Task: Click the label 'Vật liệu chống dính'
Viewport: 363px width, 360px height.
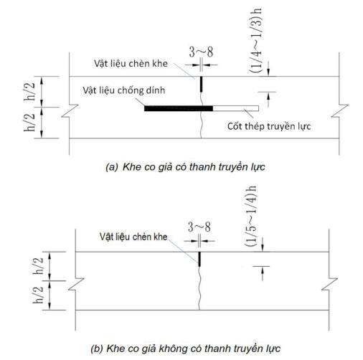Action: pyautogui.click(x=124, y=90)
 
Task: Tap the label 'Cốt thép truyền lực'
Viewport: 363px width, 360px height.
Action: pyautogui.click(x=269, y=126)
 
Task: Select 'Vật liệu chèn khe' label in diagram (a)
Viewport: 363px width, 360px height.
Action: pyautogui.click(x=131, y=64)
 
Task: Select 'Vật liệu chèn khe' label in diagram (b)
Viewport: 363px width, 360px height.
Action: pyautogui.click(x=133, y=237)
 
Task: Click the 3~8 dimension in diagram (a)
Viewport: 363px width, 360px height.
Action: pyautogui.click(x=201, y=52)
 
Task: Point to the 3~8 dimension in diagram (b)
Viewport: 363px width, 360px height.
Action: pyautogui.click(x=199, y=227)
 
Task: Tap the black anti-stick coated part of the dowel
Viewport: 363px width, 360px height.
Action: pyautogui.click(x=179, y=108)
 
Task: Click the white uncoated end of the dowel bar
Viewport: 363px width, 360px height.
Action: pyautogui.click(x=235, y=108)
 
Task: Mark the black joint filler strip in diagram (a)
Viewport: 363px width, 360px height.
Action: pyautogui.click(x=201, y=84)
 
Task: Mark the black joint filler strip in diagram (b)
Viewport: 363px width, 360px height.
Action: pyautogui.click(x=199, y=259)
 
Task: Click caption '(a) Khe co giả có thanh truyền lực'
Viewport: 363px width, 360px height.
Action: pyautogui.click(x=185, y=167)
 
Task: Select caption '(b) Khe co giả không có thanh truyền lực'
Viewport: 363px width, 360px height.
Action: pyautogui.click(x=185, y=349)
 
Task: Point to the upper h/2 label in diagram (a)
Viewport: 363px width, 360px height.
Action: pyautogui.click(x=29, y=92)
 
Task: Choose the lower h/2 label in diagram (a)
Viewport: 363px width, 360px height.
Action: pyautogui.click(x=29, y=123)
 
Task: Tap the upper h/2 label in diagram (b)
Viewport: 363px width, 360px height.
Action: pyautogui.click(x=38, y=265)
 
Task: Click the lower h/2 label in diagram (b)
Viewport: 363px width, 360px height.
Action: pyautogui.click(x=38, y=295)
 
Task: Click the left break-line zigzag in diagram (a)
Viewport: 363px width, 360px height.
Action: pyautogui.click(x=70, y=111)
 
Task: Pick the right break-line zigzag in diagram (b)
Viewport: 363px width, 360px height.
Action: pyautogui.click(x=329, y=284)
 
